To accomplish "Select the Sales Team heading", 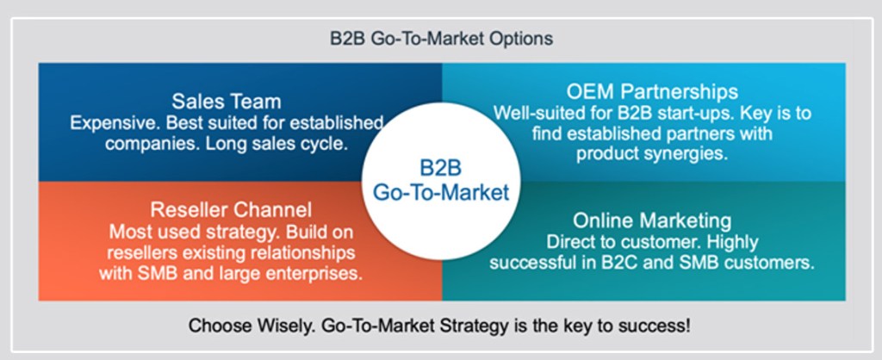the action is point(227,102).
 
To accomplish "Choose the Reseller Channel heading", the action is point(231,210).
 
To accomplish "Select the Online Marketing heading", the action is point(652,220).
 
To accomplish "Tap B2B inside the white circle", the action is point(441,168).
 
